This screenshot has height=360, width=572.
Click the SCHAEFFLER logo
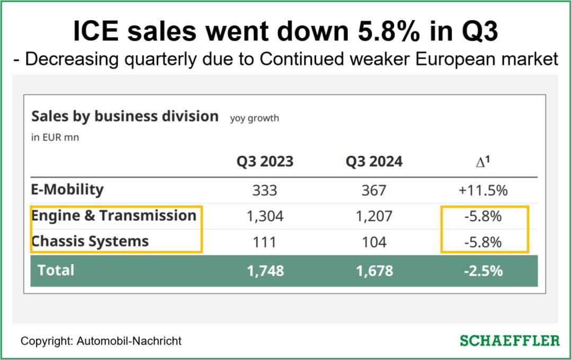[x=509, y=340]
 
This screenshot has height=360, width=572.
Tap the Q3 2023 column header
[x=265, y=161]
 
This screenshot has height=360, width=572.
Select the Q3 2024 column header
[x=374, y=161]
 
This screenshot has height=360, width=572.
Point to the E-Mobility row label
[x=67, y=190]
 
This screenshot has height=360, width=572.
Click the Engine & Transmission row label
[x=114, y=215]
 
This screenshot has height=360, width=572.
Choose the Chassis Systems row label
[x=90, y=241]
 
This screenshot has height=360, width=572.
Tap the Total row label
[x=56, y=270]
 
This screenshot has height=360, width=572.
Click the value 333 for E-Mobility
[x=265, y=190]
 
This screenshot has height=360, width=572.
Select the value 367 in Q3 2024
[x=374, y=190]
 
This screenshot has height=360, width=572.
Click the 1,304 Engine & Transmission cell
[x=265, y=216]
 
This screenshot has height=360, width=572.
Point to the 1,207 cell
[x=374, y=216]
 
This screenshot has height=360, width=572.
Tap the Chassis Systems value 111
[x=265, y=242]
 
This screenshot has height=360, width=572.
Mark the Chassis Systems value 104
[x=374, y=242]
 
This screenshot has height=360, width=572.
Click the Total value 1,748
[x=265, y=271]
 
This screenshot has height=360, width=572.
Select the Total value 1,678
[x=374, y=271]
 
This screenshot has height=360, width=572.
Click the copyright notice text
[x=101, y=341]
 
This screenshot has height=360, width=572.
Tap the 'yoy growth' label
[x=254, y=118]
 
